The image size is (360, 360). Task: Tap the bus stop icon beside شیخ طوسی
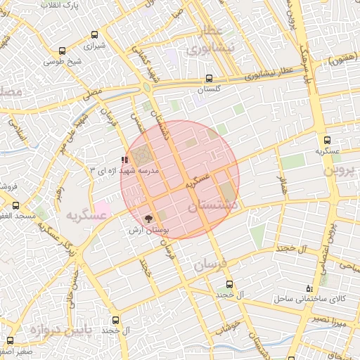(63, 51)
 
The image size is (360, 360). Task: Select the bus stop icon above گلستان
(208, 79)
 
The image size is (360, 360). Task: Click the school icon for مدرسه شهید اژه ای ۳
(125, 160)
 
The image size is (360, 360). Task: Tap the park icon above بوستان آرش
(147, 219)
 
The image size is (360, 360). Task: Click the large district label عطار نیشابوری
(209, 41)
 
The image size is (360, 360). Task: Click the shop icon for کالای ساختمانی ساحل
(309, 288)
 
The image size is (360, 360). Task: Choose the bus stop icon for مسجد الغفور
(15, 205)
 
